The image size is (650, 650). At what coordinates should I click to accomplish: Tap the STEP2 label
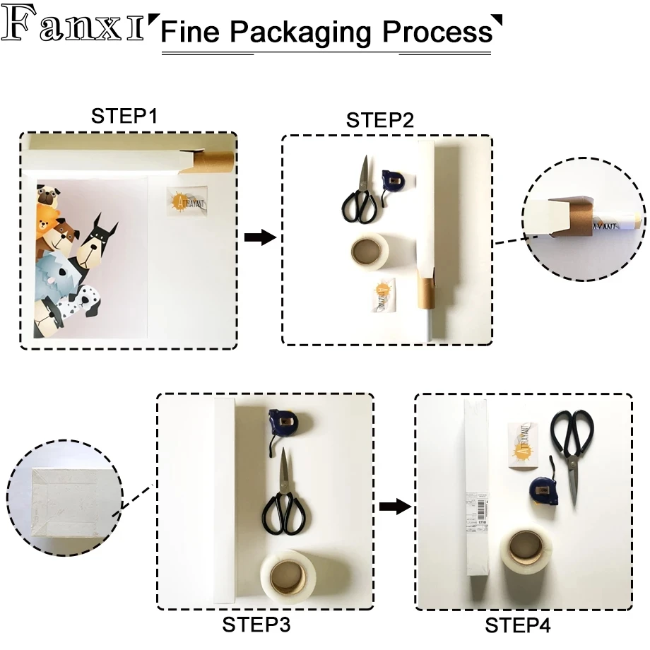pyautogui.click(x=379, y=120)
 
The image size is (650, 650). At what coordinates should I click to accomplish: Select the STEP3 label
pyautogui.click(x=256, y=625)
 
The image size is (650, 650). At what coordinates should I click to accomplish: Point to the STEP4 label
pyautogui.click(x=518, y=625)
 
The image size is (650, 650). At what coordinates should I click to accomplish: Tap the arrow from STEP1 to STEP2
pyautogui.click(x=259, y=237)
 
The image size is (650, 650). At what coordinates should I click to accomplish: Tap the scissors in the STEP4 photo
pyautogui.click(x=572, y=445)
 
